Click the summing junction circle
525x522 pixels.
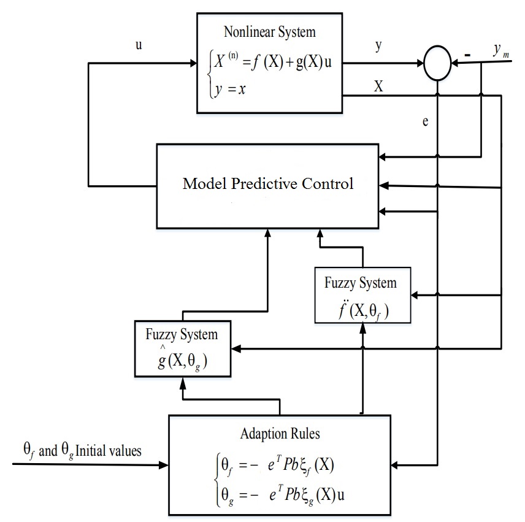point(437,47)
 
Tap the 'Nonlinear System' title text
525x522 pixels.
point(269,32)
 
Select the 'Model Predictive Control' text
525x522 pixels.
point(268,183)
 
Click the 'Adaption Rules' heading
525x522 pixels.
point(280,434)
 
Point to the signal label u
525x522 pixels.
point(139,45)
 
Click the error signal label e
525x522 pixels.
point(425,121)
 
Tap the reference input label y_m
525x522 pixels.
point(501,50)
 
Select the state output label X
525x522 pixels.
point(378,86)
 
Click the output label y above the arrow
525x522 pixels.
point(378,45)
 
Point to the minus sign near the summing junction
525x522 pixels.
point(468,55)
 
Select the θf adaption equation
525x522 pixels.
point(278,466)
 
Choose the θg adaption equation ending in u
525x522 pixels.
point(283,496)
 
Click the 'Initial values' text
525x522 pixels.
point(108,451)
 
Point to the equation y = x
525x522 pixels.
point(231,89)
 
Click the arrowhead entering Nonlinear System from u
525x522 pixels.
point(193,63)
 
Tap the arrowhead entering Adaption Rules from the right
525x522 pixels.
point(394,465)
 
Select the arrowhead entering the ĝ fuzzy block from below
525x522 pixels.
point(183,383)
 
